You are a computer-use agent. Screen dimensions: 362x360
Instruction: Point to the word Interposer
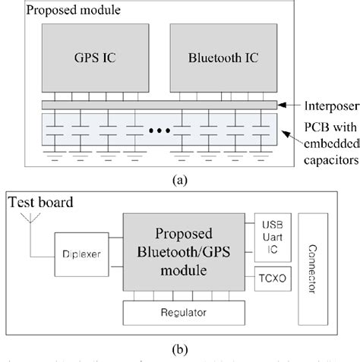pyautogui.click(x=318, y=105)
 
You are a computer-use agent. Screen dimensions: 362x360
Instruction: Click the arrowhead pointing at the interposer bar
pyautogui.click(x=283, y=105)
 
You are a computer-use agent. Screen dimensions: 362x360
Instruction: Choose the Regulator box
pyautogui.click(x=184, y=311)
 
